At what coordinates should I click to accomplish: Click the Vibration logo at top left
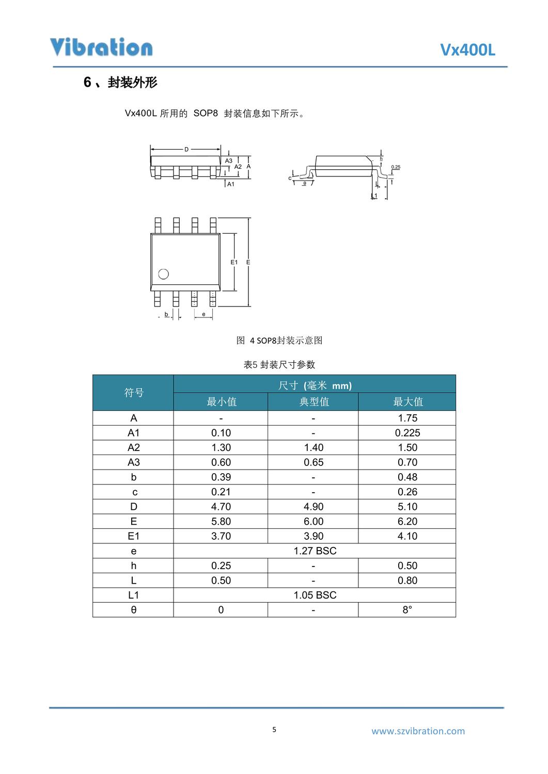pos(101,47)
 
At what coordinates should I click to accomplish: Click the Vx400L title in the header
pos(467,50)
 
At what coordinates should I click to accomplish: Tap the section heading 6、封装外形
pos(120,83)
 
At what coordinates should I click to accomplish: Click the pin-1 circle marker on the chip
pos(164,274)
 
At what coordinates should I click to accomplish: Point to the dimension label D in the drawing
pos(186,150)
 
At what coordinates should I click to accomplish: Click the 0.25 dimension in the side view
pos(396,167)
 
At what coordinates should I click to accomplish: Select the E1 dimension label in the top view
pos(234,262)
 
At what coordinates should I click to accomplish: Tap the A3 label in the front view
pos(229,161)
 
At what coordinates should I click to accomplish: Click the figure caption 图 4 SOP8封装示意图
pos(279,341)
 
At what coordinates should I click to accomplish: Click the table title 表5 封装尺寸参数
pos(279,365)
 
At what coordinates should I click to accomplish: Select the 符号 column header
pos(133,393)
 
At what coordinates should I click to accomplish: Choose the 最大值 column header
pos(408,402)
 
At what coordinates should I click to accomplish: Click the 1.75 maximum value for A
pos(408,418)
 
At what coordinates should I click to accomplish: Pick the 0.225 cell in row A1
pos(408,433)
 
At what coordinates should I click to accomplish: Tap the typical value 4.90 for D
pos(314,507)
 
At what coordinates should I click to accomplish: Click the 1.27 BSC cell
pos(315,551)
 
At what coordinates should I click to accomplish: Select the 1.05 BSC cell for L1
pos(315,595)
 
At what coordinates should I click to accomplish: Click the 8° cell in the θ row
pos(408,610)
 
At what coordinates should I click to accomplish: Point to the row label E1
pos(133,536)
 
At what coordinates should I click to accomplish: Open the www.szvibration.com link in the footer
pos(418,731)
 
